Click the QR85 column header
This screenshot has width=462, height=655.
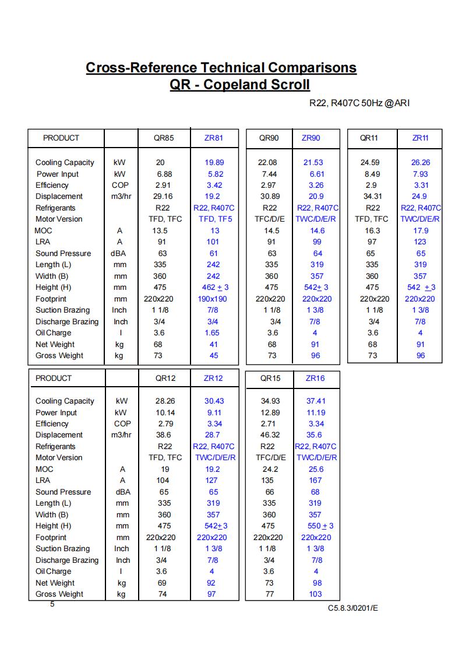pos(164,138)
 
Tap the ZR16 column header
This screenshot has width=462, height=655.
pos(315,378)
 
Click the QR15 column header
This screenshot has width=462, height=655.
pos(270,378)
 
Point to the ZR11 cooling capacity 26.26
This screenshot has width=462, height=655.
pos(421,163)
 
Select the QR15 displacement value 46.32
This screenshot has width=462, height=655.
pos(270,435)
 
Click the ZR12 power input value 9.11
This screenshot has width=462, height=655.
pos(213,412)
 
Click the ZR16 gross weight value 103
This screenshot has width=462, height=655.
pos(315,594)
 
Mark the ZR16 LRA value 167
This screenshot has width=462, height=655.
pos(315,481)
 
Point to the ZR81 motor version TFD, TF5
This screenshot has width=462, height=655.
pos(215,219)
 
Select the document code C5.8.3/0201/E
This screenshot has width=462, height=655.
pos(352,608)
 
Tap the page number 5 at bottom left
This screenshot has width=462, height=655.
pos(52,604)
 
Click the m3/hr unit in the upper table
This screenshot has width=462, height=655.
pos(121,197)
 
